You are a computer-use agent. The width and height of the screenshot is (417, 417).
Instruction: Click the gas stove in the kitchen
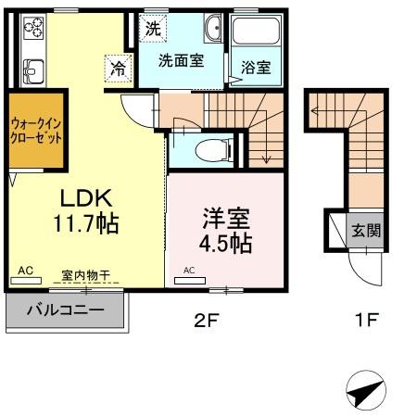33,28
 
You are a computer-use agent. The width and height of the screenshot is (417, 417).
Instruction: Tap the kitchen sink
33,71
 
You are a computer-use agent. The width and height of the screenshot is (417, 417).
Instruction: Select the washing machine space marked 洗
153,29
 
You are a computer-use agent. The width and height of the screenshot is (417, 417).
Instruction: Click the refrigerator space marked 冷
119,69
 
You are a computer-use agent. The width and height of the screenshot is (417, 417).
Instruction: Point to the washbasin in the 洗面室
212,28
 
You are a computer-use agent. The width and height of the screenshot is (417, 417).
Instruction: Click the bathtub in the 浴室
256,31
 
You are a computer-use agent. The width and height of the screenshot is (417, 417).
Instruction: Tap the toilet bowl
213,150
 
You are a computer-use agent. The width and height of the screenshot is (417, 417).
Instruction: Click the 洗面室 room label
182,60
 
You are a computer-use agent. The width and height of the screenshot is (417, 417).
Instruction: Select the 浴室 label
256,67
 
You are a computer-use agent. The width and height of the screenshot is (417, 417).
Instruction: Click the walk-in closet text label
36,131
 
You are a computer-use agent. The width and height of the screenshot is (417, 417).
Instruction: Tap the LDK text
86,198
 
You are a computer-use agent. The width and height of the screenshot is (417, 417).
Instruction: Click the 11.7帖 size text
86,223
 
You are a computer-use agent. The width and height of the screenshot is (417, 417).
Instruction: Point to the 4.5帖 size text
225,244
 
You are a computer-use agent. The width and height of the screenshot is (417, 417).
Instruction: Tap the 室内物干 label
85,274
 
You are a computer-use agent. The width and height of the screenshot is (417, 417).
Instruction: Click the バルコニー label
66,310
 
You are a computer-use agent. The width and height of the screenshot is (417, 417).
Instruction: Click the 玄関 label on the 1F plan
366,230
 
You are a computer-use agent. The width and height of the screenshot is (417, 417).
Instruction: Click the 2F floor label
207,321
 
